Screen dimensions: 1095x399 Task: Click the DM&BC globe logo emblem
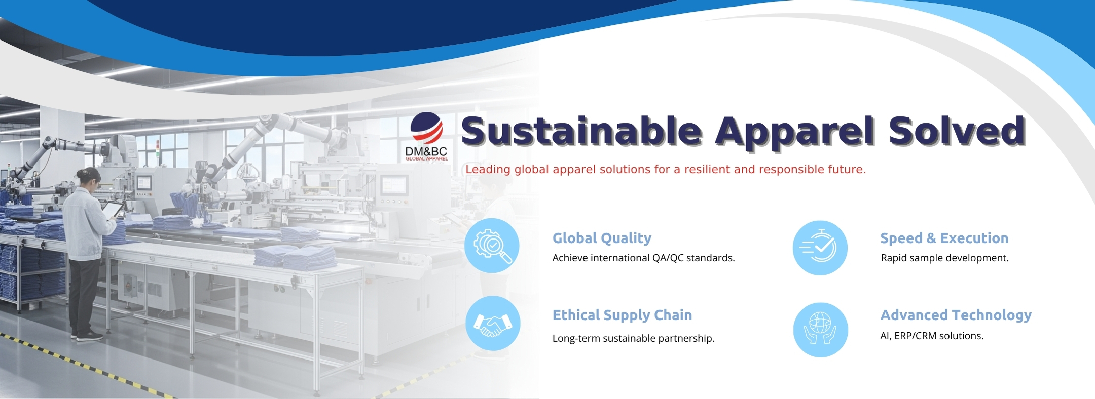[x=426, y=127]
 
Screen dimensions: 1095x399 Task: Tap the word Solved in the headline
[x=957, y=131]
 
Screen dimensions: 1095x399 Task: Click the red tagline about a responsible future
[x=666, y=169]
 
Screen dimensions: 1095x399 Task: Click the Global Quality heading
[x=602, y=238]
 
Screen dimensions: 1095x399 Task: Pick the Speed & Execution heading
[x=944, y=238]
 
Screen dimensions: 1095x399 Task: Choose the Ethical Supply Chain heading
[x=622, y=315]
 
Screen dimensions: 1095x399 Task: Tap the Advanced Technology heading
[x=956, y=315]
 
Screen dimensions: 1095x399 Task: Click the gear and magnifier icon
[x=492, y=246]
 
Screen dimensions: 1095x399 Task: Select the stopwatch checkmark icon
[x=820, y=248]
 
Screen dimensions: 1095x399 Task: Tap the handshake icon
[x=493, y=323]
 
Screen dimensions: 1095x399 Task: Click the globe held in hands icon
[x=820, y=330]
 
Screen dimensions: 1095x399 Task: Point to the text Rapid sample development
[x=944, y=258]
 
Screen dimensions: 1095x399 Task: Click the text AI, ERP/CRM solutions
[x=932, y=336]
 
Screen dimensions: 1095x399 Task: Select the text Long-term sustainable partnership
[x=633, y=338]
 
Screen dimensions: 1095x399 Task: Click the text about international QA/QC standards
[x=643, y=258]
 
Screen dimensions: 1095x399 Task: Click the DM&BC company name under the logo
[x=426, y=151]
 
